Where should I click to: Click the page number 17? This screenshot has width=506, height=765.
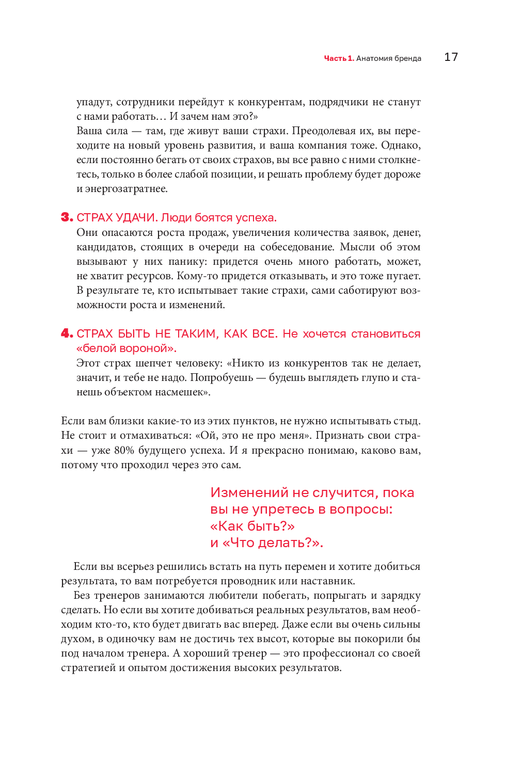451,57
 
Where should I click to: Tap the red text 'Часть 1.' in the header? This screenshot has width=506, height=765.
339,58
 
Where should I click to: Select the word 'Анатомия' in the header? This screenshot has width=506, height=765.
374,58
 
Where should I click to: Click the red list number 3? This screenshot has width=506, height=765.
67,217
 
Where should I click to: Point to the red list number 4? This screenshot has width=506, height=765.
67,333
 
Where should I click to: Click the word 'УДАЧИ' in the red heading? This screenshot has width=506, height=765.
136,218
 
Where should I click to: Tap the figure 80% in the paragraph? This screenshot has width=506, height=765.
124,451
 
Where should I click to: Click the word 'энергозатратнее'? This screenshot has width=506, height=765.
126,189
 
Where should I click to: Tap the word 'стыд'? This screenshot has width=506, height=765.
408,421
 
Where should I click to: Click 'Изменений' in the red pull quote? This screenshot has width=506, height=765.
249,493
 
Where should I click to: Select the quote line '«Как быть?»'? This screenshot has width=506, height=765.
252,527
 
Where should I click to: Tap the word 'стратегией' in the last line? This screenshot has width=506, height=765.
88,668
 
